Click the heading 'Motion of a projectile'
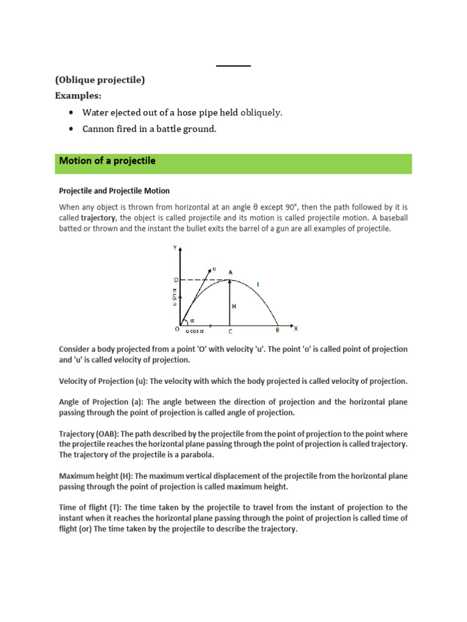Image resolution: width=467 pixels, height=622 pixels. tap(107, 162)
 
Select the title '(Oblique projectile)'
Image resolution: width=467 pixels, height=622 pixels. tap(100, 80)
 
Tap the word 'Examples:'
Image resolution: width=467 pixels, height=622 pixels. tap(78, 96)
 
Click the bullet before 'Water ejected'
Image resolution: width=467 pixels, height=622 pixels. tap(71, 113)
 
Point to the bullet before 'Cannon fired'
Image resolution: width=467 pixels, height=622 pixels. tap(71, 129)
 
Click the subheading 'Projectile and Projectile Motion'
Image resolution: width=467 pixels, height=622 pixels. tap(114, 191)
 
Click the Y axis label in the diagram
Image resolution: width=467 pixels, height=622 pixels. tap(175, 248)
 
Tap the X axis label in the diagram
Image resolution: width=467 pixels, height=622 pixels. tap(296, 329)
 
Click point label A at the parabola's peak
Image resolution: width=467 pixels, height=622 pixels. tap(230, 272)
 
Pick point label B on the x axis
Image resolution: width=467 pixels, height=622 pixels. tap(277, 330)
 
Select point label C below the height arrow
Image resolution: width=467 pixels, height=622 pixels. tap(229, 332)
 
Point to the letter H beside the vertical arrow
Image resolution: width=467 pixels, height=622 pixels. tap(233, 307)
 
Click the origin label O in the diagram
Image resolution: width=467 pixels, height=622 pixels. tap(176, 329)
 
